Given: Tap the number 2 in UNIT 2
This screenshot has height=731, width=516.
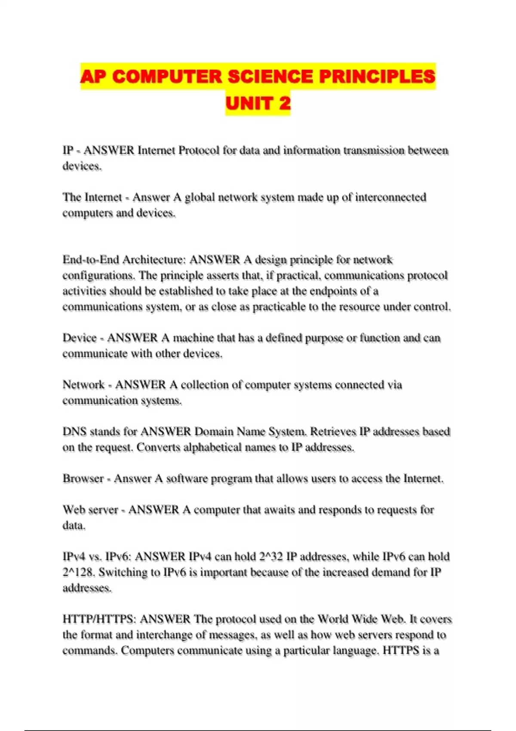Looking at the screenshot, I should click(x=284, y=103).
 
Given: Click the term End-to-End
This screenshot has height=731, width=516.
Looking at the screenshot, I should click(x=91, y=260).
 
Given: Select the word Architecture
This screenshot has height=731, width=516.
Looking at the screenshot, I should click(x=154, y=260).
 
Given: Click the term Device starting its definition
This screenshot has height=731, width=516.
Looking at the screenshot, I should click(x=80, y=338).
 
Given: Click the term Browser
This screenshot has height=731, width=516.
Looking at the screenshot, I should click(x=83, y=479).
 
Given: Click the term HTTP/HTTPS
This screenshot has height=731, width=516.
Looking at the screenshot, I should click(x=99, y=620).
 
